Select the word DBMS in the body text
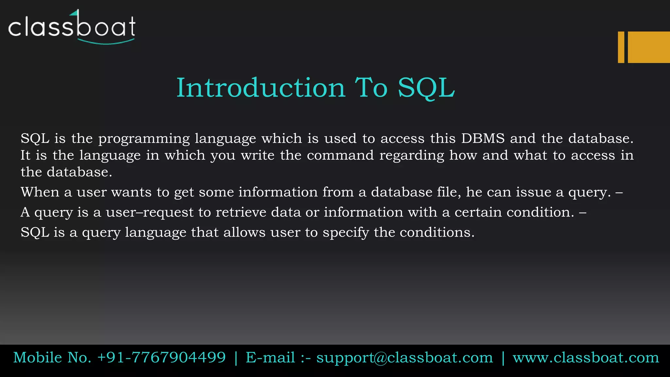pyautogui.click(x=483, y=138)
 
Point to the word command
pyautogui.click(x=340, y=155)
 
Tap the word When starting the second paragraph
pyautogui.click(x=40, y=192)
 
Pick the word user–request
pyautogui.click(x=150, y=213)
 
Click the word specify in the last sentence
pyautogui.click(x=345, y=233)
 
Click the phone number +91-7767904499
pyautogui.click(x=161, y=357)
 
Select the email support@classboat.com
pyautogui.click(x=404, y=358)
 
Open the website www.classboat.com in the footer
pyautogui.click(x=586, y=358)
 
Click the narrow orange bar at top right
pyautogui.click(x=621, y=47)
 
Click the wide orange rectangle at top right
pyautogui.click(x=649, y=47)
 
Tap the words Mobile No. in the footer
pyautogui.click(x=52, y=357)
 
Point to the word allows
pyautogui.click(x=244, y=232)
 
